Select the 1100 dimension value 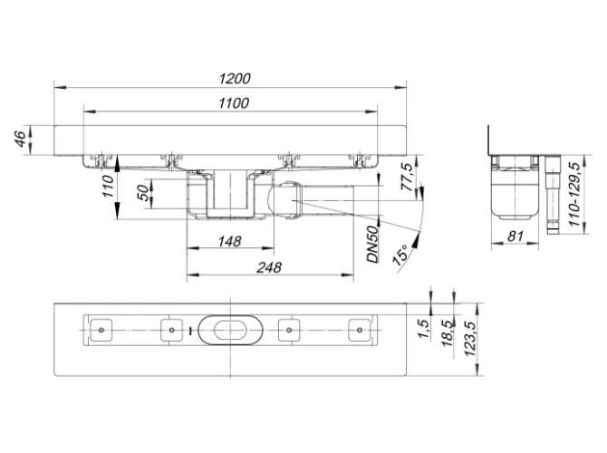[233, 103]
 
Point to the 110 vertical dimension [107, 188]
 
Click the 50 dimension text [141, 195]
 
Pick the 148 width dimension [230, 241]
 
